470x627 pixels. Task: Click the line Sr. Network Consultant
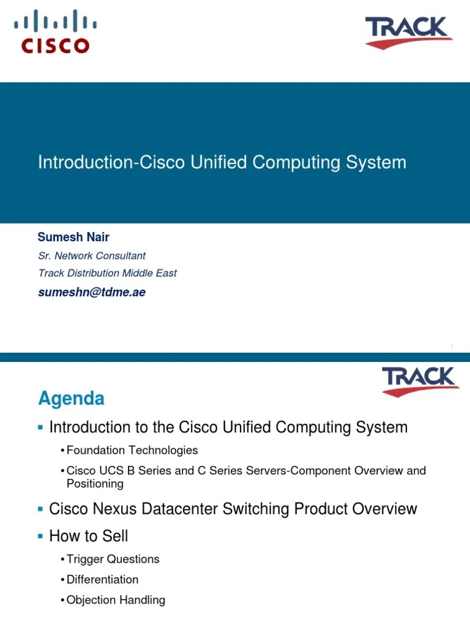pos(92,255)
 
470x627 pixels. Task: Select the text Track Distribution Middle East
pos(107,273)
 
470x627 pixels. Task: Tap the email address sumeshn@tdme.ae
pos(92,292)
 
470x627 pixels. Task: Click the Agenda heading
pos(71,399)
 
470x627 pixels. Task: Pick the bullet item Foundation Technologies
pos(132,450)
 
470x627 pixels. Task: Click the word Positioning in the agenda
pos(95,484)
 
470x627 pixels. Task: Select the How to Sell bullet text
pos(89,536)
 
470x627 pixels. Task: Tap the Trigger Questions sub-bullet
pos(113,559)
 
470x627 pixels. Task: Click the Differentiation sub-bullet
pos(102,579)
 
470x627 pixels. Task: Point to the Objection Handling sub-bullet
pos(116,600)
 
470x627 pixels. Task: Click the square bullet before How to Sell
pos(40,536)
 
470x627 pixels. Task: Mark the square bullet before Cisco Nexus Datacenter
pos(40,508)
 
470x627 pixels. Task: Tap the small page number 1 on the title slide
pos(452,347)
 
